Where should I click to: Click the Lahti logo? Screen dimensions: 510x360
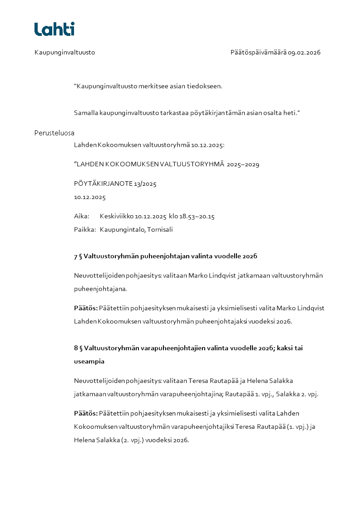tap(54, 29)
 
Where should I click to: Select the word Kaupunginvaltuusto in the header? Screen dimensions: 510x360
tap(64, 52)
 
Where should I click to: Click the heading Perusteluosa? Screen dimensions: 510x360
tap(54, 133)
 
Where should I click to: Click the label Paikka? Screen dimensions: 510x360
tap(84, 229)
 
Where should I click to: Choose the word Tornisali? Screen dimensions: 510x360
tap(160, 229)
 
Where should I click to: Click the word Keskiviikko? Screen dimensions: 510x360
tap(116, 216)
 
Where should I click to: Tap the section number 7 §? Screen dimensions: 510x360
tap(78, 256)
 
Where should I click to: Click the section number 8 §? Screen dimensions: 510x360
tap(78, 348)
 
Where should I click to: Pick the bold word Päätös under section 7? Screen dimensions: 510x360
tap(85, 308)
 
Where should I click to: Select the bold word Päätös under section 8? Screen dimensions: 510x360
tap(85, 413)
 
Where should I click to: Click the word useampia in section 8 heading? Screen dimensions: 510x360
tap(89, 361)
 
